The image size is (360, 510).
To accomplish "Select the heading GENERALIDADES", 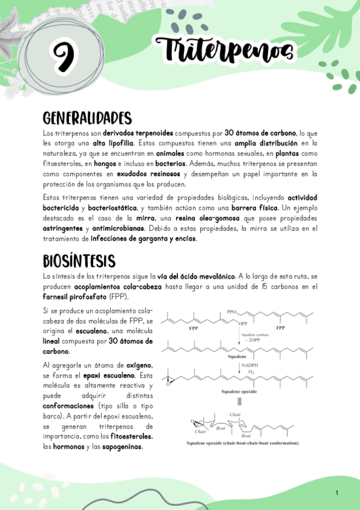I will tap(87, 116).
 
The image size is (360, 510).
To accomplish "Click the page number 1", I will tap(337, 493).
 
